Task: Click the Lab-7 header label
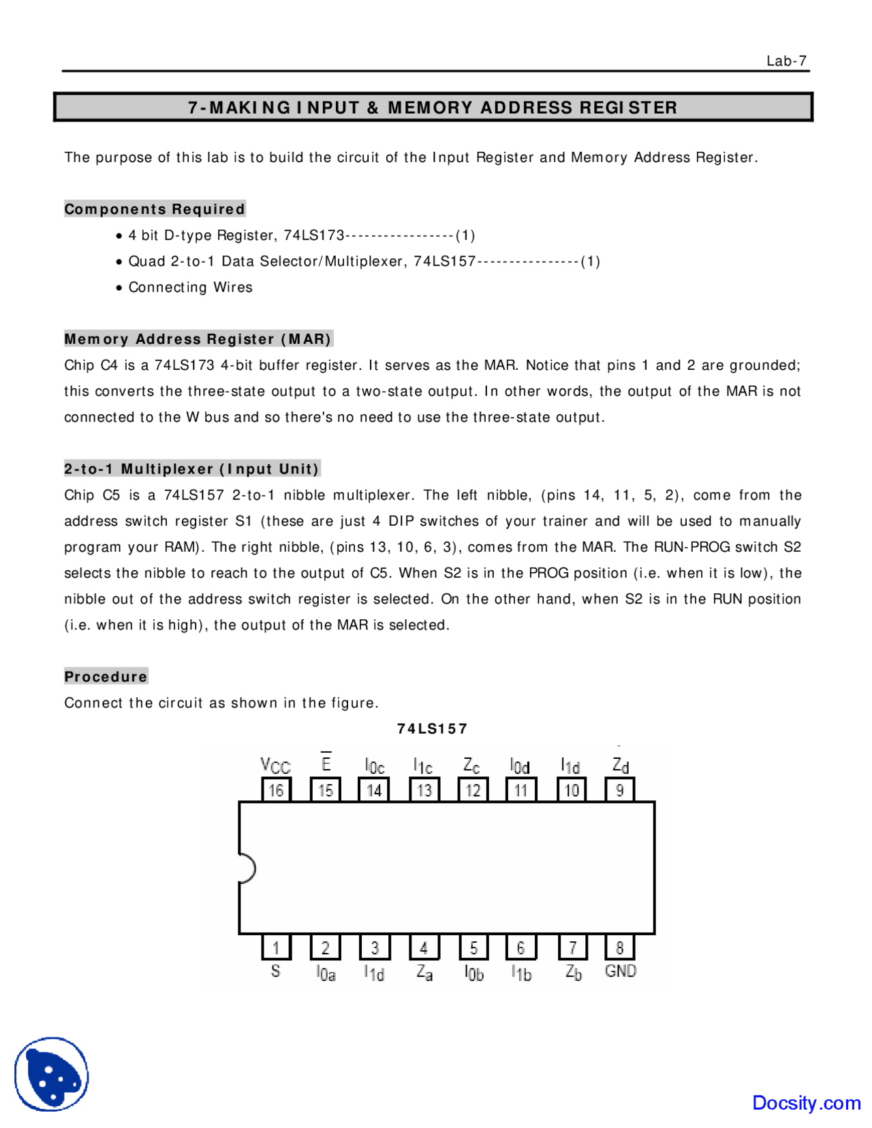pos(786,61)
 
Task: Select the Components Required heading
pos(155,209)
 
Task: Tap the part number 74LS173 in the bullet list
pos(314,236)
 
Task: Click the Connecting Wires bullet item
pos(190,287)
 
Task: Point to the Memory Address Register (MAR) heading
pos(198,339)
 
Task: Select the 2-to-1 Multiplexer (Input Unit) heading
pos(191,469)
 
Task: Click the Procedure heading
pos(106,677)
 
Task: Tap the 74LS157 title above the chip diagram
pos(432,729)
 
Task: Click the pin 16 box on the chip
pos(276,790)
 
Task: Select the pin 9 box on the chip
pos(620,790)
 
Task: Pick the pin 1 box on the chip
pos(276,947)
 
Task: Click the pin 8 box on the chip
pos(620,947)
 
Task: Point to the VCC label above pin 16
pos(275,766)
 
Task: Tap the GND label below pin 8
pos(620,971)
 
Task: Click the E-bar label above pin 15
pos(326,763)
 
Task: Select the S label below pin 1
pos(275,971)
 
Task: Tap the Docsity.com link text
pos(806,1103)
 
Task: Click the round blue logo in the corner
pos(52,1074)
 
